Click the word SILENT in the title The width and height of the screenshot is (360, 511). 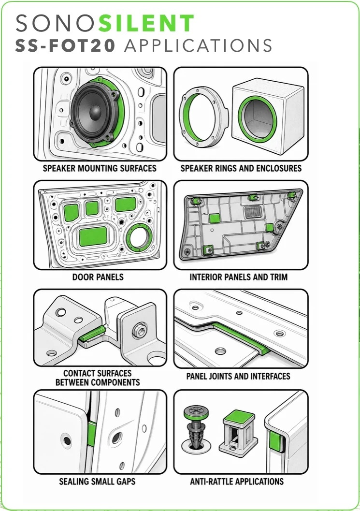coord(146,23)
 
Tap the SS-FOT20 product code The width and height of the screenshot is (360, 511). coord(65,45)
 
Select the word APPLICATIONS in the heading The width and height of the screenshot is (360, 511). coord(198,45)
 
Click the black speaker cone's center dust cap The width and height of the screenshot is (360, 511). coord(95,112)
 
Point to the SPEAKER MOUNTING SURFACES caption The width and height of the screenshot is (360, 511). coord(100,168)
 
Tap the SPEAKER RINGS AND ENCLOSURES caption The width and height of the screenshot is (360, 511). coord(241,168)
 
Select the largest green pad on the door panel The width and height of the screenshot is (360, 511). coord(93,236)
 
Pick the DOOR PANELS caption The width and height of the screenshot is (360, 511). coord(98,277)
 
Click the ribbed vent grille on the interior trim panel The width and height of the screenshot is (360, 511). coord(253,213)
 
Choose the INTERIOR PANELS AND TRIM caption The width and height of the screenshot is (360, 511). coord(239,277)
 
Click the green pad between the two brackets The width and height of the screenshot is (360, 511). coord(93,334)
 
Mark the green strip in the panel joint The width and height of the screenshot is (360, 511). coord(242,337)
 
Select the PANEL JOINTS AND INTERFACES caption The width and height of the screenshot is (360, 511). coord(238,376)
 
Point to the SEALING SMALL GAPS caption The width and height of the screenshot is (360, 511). coord(97,482)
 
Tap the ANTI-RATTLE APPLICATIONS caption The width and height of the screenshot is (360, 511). coord(237,482)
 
